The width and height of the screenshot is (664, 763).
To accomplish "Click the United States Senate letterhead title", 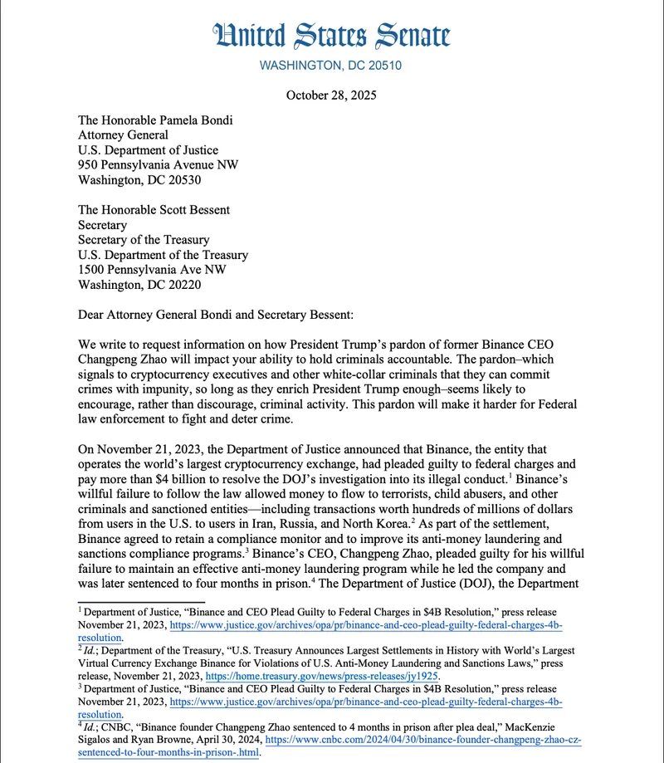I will point(331,36).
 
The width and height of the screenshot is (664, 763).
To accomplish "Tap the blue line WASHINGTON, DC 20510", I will point(331,66).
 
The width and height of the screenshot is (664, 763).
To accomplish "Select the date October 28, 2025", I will point(331,95).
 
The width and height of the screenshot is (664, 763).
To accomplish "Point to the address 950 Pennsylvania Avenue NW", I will point(158,164).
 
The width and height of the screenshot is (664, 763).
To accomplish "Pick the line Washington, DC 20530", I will point(139,179).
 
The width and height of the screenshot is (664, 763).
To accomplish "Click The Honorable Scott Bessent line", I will point(155,210).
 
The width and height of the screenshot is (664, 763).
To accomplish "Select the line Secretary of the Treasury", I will point(146,240).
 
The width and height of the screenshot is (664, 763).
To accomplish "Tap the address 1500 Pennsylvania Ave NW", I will point(152,270).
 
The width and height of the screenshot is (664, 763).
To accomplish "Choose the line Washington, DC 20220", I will point(139,285).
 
